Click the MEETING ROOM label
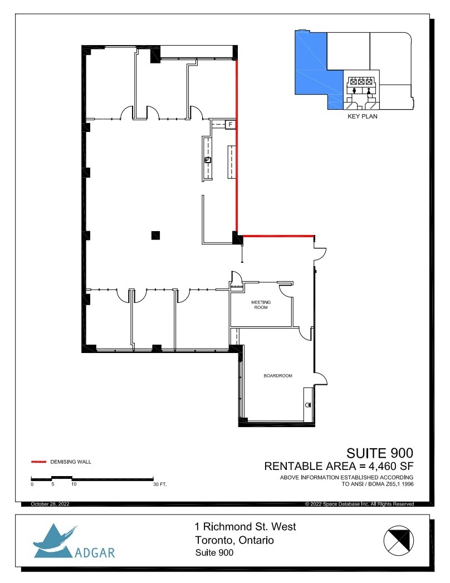click(261, 305)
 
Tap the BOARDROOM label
click(278, 376)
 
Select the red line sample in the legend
click(38, 462)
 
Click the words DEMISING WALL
click(71, 462)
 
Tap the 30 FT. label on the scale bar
click(159, 484)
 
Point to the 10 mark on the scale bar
click(74, 484)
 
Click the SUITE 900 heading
click(380, 452)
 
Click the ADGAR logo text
click(94, 553)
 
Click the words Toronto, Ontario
click(234, 540)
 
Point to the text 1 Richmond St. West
click(245, 527)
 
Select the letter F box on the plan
click(229, 124)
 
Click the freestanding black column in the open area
click(156, 235)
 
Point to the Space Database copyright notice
click(359, 504)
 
